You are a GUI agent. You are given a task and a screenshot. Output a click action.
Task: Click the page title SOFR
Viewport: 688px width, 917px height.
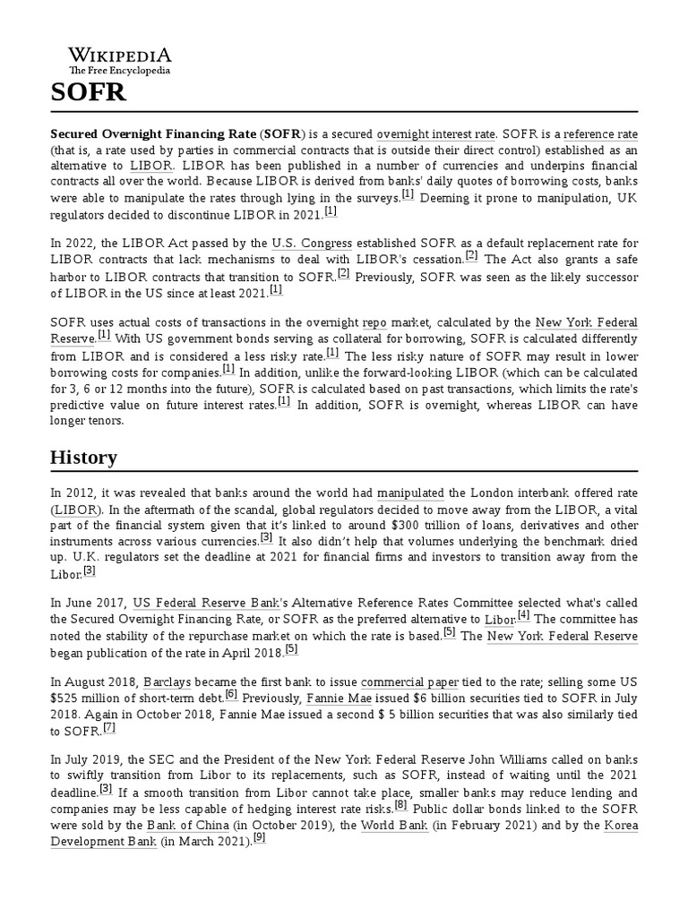(x=88, y=93)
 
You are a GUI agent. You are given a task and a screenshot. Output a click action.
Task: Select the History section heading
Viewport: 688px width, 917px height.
(x=83, y=458)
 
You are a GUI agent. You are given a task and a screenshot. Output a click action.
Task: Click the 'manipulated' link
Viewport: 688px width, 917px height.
(x=410, y=493)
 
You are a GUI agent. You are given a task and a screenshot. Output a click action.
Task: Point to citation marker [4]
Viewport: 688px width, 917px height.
(x=523, y=615)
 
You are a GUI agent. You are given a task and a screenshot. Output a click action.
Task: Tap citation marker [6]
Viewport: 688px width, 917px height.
(x=231, y=694)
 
